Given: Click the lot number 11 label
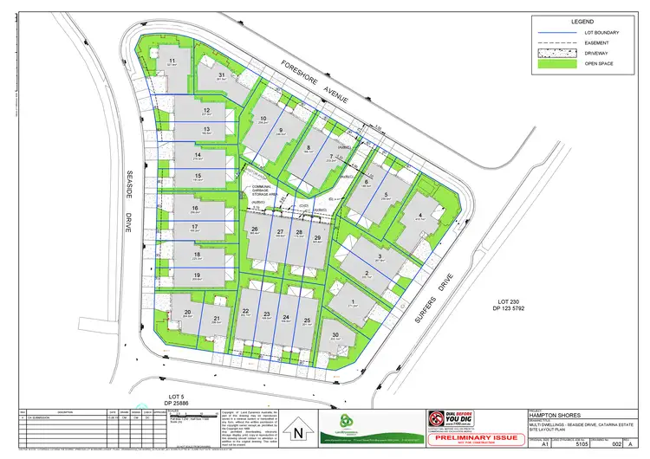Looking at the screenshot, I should coord(172,61).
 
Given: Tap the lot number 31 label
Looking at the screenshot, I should coord(222,76).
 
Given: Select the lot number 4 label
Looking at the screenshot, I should coord(421,216).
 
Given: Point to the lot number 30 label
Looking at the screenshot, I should coord(335,335).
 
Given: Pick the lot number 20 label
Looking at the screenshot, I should coord(187,312).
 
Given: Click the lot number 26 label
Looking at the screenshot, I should coord(255,229).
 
